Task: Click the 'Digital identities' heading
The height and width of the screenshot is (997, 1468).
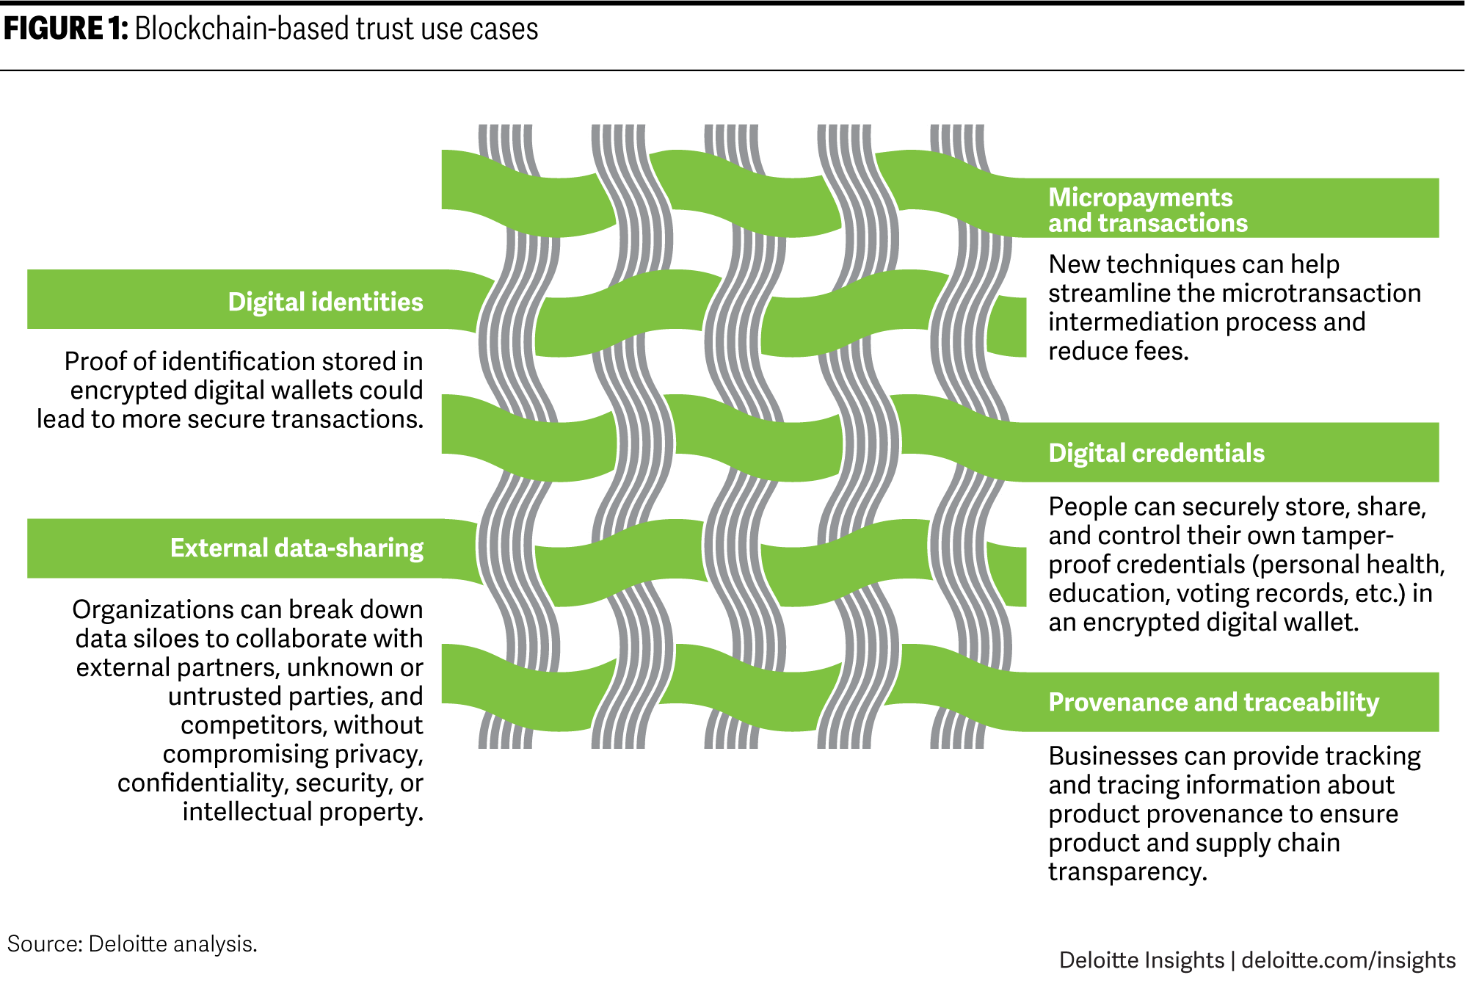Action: (x=325, y=302)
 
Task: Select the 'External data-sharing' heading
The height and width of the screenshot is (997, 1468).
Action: (x=297, y=548)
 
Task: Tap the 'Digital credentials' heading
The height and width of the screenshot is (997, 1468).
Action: (x=1156, y=453)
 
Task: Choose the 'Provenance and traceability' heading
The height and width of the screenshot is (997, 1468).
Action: (x=1213, y=702)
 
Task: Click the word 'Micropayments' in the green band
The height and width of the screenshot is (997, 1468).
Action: (x=1140, y=197)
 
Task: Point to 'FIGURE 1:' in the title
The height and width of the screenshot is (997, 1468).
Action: (x=66, y=29)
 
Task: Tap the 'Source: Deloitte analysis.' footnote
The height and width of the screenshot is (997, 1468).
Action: (x=132, y=943)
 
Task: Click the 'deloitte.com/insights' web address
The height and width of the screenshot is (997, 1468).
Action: (x=1348, y=960)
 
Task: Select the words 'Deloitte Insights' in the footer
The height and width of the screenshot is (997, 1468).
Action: (x=1141, y=960)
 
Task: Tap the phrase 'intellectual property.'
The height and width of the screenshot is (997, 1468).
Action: (x=303, y=812)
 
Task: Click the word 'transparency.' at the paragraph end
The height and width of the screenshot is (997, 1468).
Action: (x=1127, y=871)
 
